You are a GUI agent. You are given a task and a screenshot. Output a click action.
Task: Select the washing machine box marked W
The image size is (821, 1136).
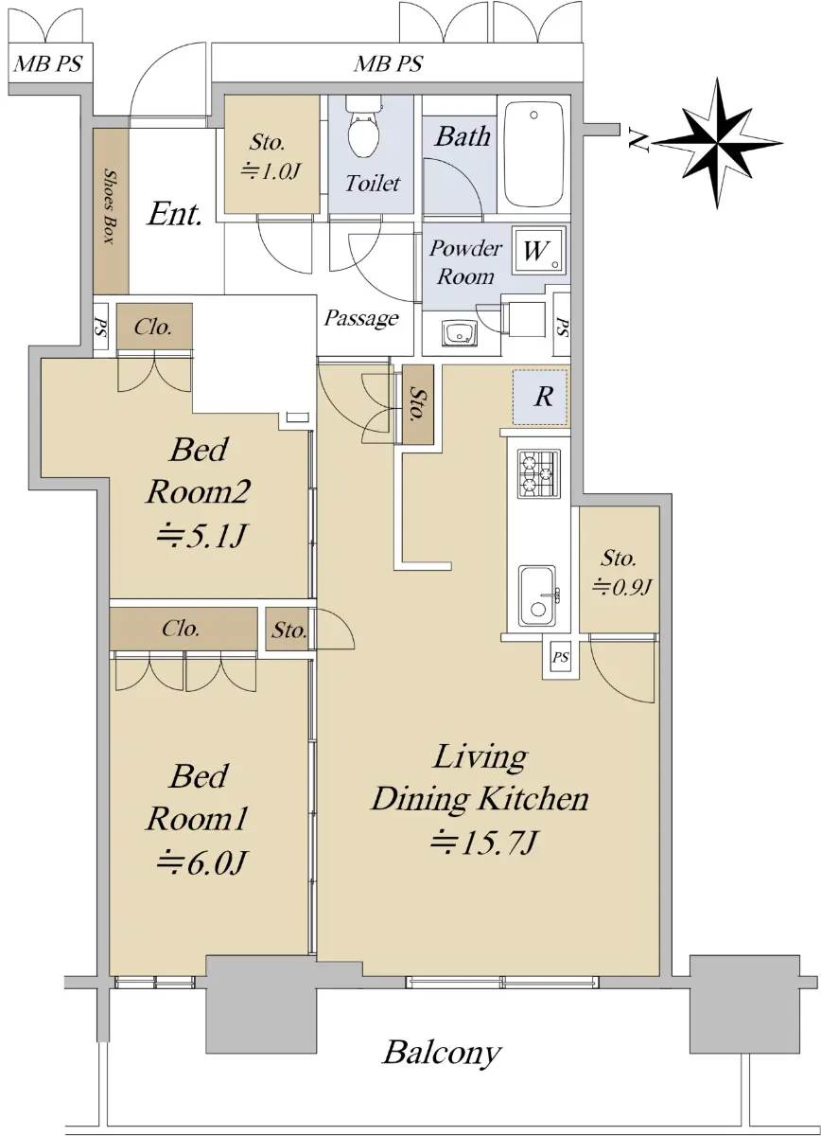click(539, 250)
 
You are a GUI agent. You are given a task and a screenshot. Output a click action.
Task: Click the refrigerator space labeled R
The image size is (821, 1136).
click(540, 397)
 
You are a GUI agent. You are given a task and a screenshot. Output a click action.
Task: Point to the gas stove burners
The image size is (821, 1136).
click(539, 473)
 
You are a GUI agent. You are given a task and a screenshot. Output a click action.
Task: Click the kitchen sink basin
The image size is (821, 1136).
click(537, 597)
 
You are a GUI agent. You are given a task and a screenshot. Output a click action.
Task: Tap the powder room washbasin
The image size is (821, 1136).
click(459, 333)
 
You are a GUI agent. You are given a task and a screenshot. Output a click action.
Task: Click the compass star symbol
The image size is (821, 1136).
click(718, 144)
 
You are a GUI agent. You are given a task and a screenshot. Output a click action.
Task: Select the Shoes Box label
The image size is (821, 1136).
click(109, 206)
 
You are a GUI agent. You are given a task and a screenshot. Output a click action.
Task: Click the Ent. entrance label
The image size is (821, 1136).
click(175, 214)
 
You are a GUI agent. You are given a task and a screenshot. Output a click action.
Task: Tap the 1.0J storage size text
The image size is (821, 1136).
click(271, 172)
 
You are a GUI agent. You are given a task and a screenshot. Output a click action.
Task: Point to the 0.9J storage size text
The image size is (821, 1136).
click(621, 586)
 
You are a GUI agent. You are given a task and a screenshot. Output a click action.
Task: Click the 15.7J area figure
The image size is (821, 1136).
click(482, 843)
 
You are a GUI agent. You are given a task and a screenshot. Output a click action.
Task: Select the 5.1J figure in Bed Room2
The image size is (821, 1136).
click(201, 535)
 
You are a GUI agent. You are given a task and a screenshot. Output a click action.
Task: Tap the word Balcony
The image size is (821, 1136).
click(442, 1053)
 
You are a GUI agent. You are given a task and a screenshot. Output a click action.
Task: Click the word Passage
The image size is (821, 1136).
click(361, 318)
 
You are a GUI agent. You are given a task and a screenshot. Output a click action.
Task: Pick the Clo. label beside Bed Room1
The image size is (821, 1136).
click(181, 629)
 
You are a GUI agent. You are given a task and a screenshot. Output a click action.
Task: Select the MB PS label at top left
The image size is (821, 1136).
click(47, 64)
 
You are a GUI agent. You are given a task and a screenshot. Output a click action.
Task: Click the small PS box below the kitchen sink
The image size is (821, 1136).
click(560, 658)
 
